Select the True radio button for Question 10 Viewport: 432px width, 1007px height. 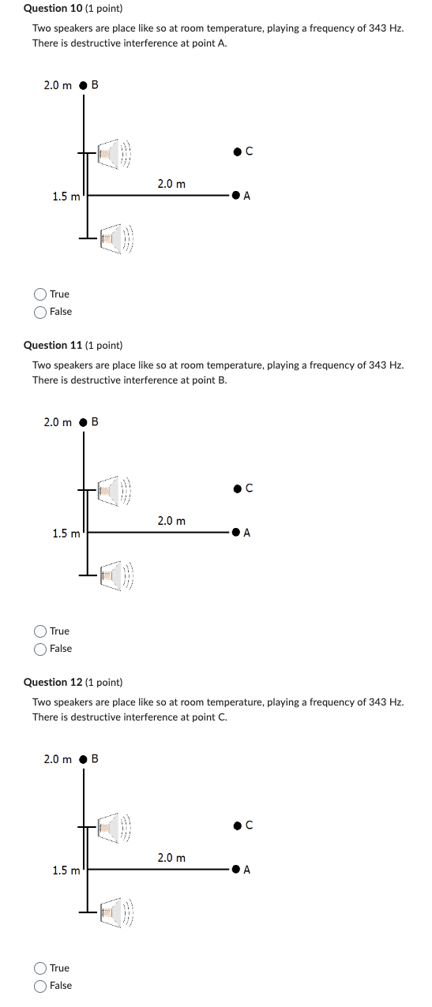40,294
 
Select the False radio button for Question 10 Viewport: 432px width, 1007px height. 40,312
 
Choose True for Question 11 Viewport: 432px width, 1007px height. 40,631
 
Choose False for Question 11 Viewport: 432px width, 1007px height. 40,649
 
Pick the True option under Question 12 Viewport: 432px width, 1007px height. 40,968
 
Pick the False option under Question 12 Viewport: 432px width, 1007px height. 40,986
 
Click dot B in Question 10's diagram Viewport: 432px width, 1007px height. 83,85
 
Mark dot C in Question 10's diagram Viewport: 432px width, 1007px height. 237,152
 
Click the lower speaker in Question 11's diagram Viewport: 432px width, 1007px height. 115,576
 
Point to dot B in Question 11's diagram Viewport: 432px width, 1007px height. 83,422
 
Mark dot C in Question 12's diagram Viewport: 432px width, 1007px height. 237,826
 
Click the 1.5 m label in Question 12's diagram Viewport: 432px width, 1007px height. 66,870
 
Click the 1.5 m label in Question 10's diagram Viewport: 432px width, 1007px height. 66,197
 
